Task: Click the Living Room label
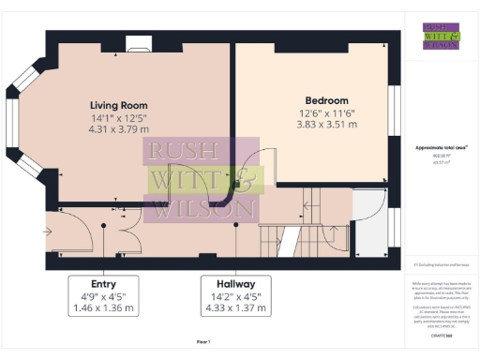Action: (x=118, y=105)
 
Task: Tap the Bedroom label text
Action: (x=326, y=100)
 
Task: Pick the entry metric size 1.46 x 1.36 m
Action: (x=103, y=307)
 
